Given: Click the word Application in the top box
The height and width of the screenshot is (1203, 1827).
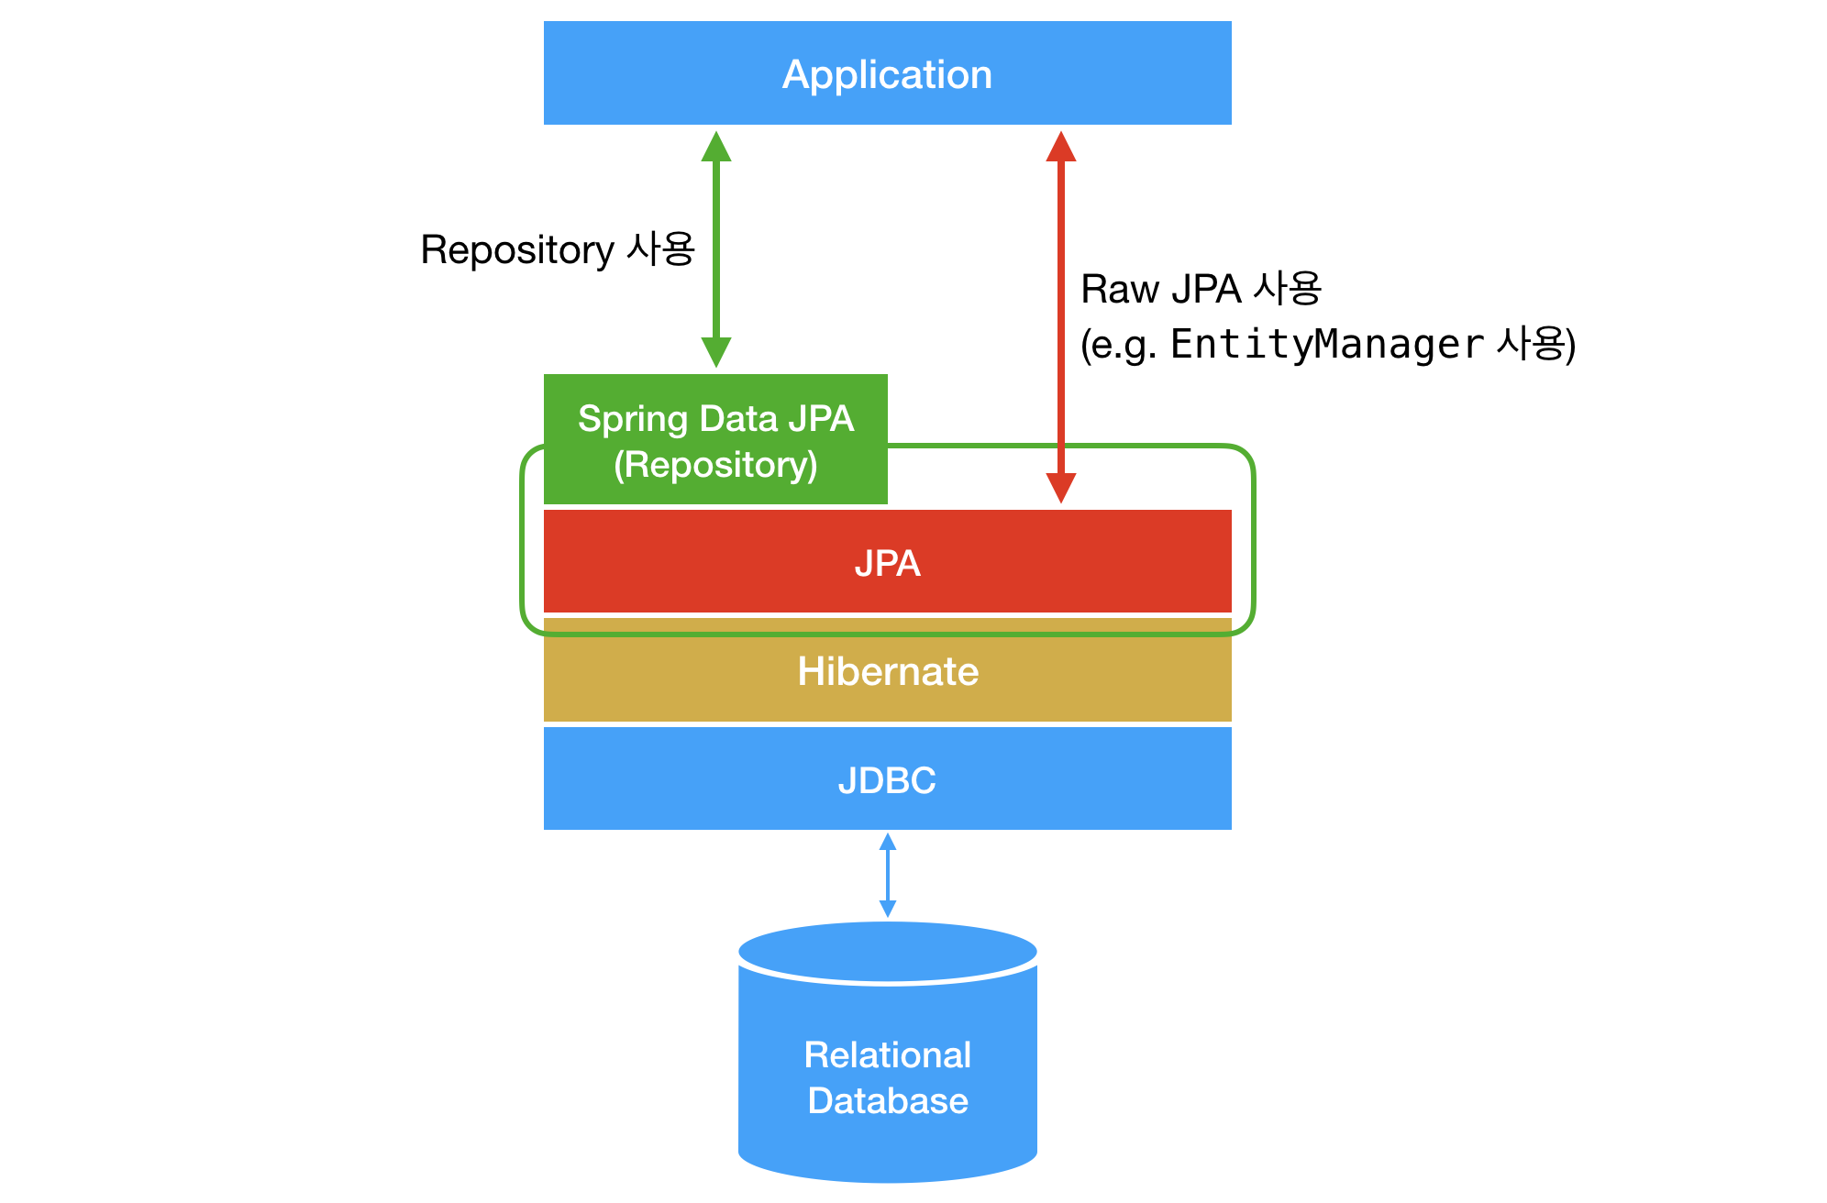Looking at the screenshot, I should pos(887,74).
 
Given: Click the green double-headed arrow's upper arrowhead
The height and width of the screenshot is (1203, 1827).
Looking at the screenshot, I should pos(716,147).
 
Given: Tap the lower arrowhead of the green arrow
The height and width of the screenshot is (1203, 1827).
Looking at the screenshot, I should pos(716,352).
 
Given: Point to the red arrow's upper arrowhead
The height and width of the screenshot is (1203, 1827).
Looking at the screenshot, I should pos(1061,147).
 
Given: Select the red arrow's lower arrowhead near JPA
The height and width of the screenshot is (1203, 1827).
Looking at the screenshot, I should pos(1061,488).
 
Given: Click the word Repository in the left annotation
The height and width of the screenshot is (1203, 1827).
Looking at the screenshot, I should pos(517,250).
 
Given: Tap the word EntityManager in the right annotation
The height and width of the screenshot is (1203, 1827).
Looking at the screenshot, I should pos(1326,345).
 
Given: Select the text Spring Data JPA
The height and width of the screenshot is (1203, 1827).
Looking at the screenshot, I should pos(715,419).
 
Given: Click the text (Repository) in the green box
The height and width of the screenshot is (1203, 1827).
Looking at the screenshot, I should pos(715,465).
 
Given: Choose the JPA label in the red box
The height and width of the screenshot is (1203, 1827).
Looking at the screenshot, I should pos(887,563).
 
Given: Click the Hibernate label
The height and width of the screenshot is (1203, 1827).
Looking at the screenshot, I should pos(887,672).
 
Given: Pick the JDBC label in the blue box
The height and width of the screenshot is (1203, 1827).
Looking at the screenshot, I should pos(887,780).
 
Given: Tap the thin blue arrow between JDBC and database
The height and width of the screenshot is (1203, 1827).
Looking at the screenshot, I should pos(887,875).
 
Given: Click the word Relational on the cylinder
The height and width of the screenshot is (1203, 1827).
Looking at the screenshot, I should pos(887,1055).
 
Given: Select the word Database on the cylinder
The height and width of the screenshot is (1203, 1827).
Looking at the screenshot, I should pos(887,1101).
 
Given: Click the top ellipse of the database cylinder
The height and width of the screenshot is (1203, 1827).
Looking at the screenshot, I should pos(887,951).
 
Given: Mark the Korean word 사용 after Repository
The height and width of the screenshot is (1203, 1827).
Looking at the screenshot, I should pos(660,249).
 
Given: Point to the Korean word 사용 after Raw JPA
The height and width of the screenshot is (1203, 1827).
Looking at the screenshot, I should pos(1288,289).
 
